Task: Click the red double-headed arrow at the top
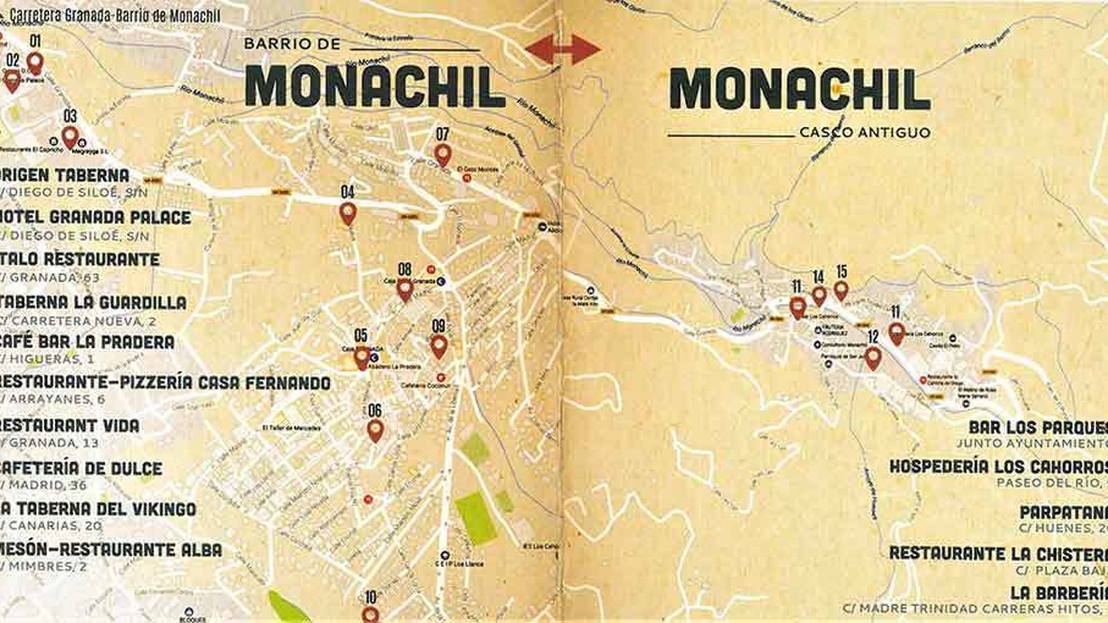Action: (562, 49)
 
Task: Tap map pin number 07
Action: (443, 154)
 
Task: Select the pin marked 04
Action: (348, 213)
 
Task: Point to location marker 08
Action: (404, 289)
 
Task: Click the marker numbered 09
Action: (438, 345)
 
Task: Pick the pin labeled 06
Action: (375, 430)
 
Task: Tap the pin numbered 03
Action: (70, 136)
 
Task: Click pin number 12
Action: (873, 357)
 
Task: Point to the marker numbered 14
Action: (819, 296)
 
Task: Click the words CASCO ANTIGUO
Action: (864, 132)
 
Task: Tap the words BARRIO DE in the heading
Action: (292, 44)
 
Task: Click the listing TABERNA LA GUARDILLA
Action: (94, 303)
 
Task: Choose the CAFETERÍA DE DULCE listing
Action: (82, 469)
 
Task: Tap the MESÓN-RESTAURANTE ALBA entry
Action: (111, 550)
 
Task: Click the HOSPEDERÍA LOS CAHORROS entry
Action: (998, 466)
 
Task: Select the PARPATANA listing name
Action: (1063, 513)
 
